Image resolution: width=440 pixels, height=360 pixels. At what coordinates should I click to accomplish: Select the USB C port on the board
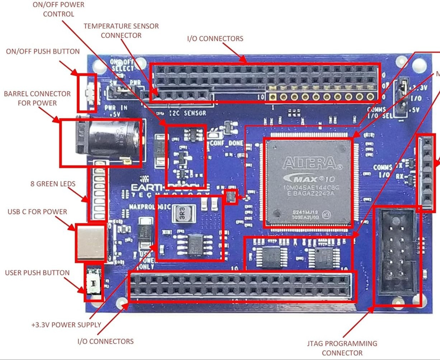click(91, 243)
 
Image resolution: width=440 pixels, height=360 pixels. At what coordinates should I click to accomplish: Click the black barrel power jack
click(108, 142)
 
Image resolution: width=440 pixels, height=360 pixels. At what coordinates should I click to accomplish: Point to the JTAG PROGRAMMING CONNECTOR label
click(342, 348)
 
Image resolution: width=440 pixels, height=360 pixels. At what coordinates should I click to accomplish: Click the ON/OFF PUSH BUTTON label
click(43, 51)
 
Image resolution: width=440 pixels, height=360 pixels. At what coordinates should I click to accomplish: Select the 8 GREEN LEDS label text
click(53, 184)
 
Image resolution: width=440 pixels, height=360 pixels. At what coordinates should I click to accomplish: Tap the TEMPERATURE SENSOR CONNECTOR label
click(121, 31)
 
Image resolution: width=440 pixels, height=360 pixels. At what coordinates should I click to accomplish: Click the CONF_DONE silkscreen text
click(227, 143)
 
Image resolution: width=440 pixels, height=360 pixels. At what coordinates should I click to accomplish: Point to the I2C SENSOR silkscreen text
click(187, 113)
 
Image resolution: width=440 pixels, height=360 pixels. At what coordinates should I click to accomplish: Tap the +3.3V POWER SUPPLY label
click(66, 325)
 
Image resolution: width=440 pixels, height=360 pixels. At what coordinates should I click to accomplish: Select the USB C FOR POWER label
click(37, 212)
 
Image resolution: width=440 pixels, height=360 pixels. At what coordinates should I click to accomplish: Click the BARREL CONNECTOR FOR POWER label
click(37, 98)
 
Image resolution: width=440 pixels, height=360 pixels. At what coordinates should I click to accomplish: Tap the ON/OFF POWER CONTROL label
click(58, 9)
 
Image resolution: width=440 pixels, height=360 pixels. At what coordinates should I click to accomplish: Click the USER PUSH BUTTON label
click(37, 273)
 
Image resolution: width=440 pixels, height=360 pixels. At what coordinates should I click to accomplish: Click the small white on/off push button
click(88, 93)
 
